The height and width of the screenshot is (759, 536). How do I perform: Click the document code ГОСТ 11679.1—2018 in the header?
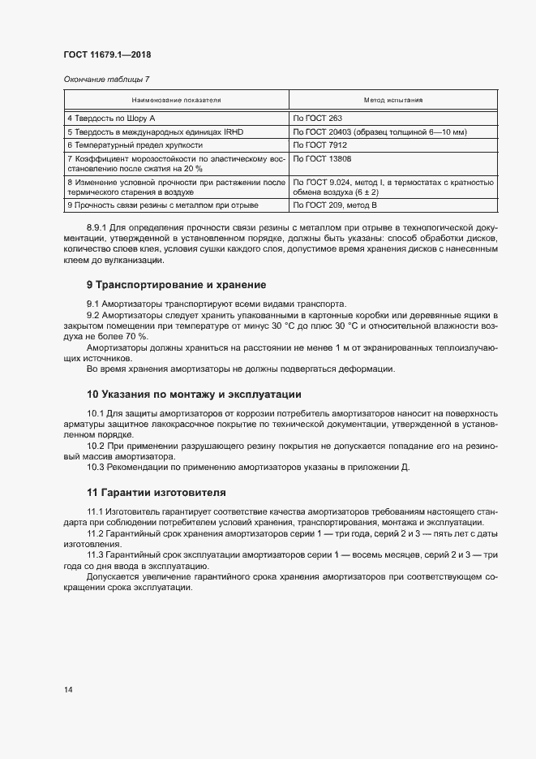[x=108, y=55]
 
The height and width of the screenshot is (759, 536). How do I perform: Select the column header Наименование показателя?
[x=176, y=101]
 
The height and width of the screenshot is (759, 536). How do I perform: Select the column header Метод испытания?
[x=392, y=101]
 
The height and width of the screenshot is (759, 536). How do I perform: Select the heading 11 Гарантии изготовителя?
[x=157, y=493]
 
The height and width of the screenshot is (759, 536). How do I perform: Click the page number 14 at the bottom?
[x=68, y=689]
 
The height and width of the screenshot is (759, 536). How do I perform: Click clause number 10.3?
[x=96, y=468]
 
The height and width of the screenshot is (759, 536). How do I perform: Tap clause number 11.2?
[x=96, y=533]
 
